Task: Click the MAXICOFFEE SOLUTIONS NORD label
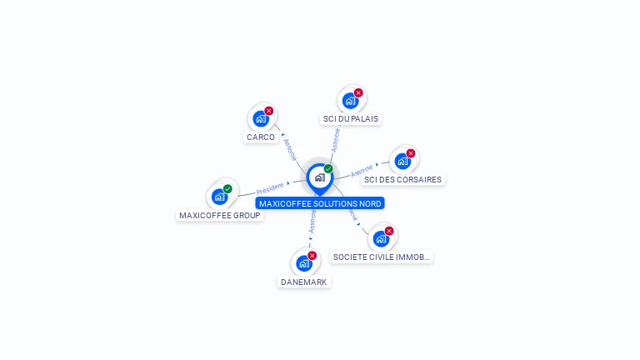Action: (320, 203)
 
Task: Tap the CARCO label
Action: (261, 137)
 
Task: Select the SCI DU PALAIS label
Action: (351, 119)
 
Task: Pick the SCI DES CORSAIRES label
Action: (403, 180)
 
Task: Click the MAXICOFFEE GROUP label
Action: (220, 216)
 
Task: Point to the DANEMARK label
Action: (303, 282)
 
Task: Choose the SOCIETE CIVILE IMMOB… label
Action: (382, 257)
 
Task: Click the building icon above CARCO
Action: (261, 118)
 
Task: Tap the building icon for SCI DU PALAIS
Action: (350, 101)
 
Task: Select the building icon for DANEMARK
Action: (304, 263)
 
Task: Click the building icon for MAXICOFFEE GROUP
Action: (219, 197)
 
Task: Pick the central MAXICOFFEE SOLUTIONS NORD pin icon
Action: (319, 177)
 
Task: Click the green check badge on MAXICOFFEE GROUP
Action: (227, 189)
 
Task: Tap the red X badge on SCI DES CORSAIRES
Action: (411, 153)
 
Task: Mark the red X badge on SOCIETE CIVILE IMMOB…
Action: (389, 231)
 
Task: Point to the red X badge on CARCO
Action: (269, 111)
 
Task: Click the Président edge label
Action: (270, 187)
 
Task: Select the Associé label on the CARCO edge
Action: (290, 148)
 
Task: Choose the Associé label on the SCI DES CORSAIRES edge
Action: (362, 171)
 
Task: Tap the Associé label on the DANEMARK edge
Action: (312, 221)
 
